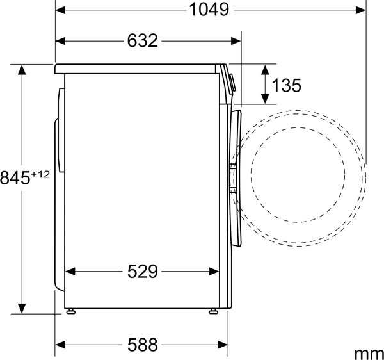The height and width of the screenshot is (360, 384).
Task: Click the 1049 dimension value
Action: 209,10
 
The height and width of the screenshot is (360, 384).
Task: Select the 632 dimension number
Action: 142,41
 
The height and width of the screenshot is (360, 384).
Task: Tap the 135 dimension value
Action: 286,86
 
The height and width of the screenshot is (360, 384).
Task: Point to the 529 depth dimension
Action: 142,272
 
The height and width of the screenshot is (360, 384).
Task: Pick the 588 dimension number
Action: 142,345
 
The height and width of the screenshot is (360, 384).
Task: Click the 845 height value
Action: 15,177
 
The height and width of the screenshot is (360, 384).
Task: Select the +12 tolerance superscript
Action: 40,174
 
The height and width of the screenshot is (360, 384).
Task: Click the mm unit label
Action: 369,354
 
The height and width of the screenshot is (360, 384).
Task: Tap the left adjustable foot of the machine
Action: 71,311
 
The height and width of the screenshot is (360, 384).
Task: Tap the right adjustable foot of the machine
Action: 213,311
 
